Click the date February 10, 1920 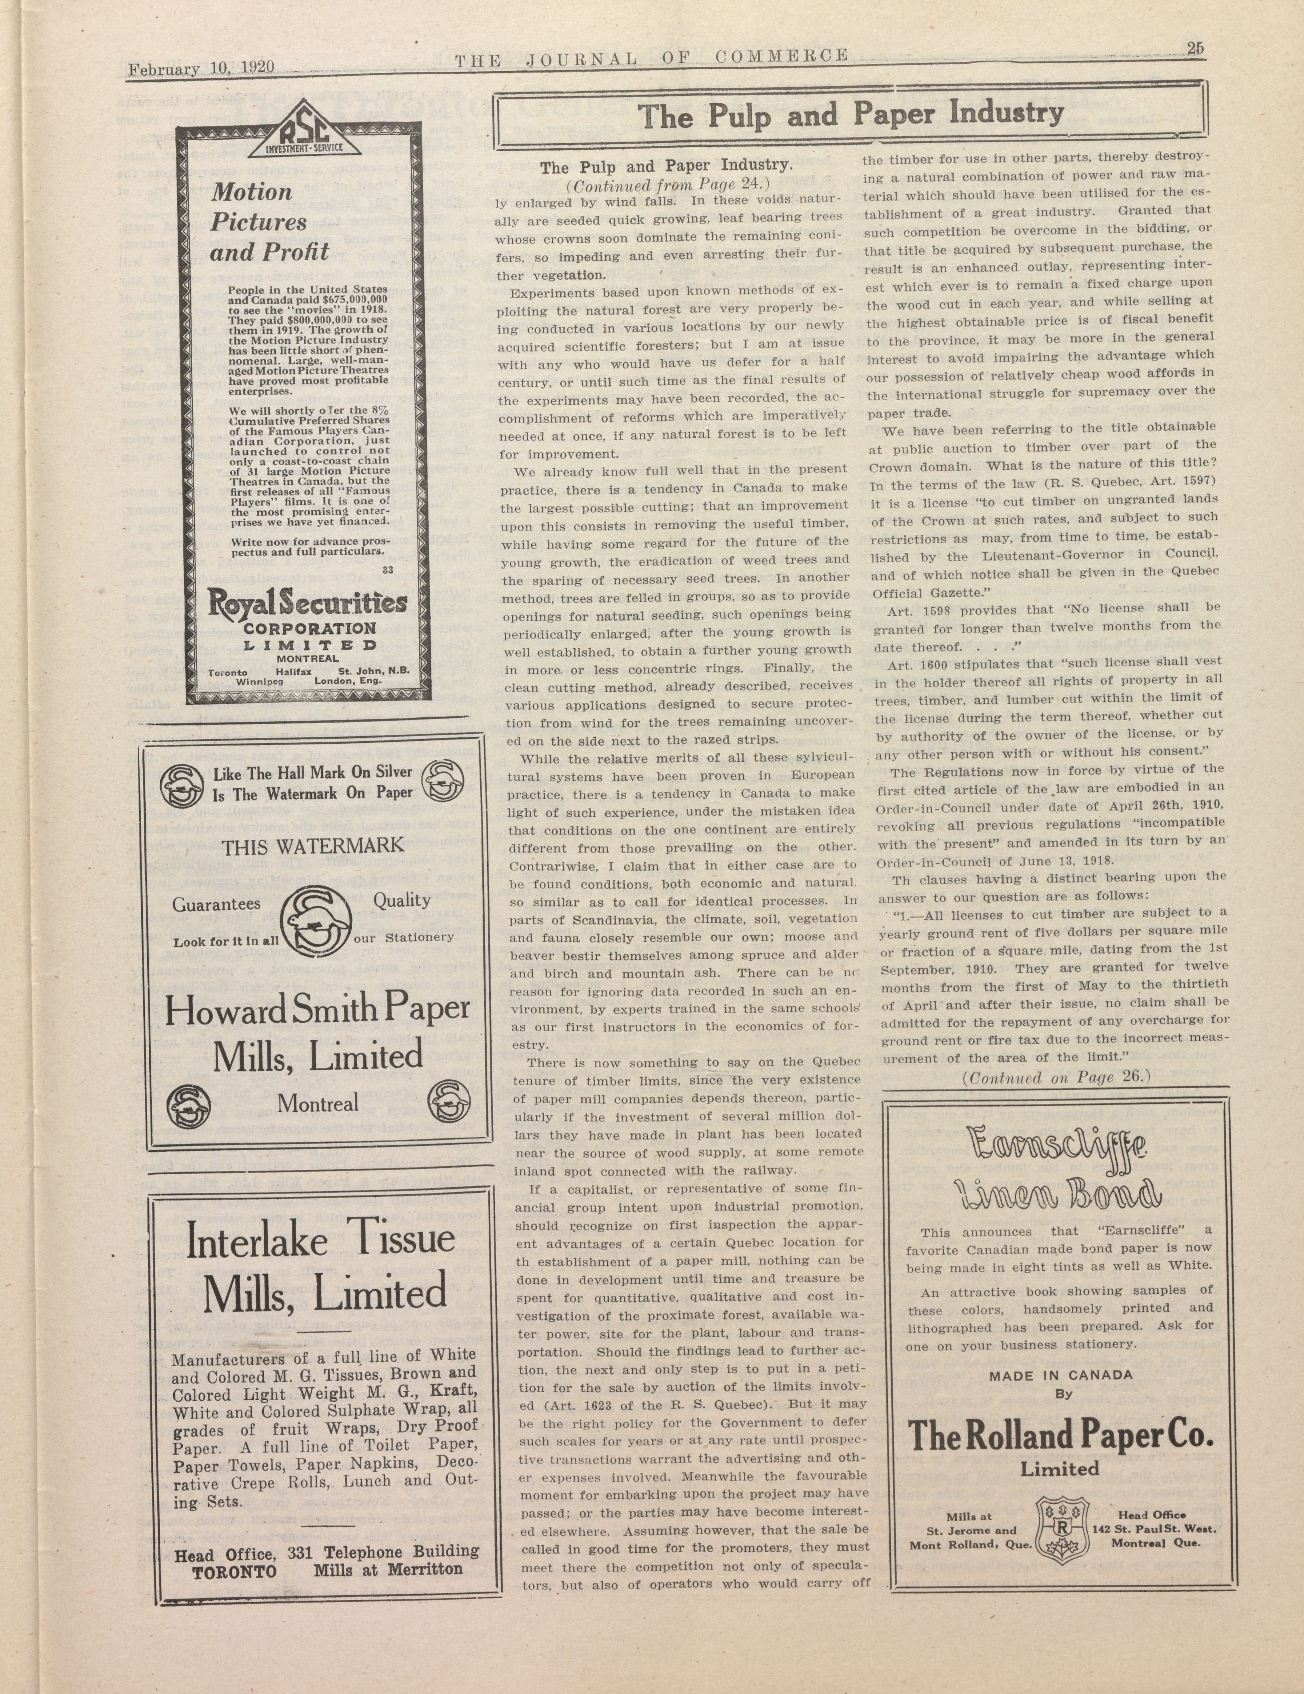pyautogui.click(x=202, y=68)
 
